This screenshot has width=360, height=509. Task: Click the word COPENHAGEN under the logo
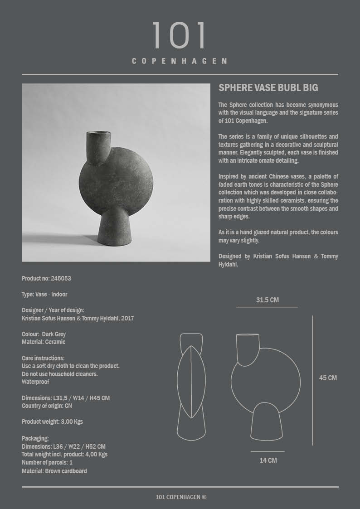[x=180, y=61]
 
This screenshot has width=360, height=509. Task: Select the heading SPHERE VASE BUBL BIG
[x=268, y=88]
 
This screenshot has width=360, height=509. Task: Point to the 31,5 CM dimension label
[x=268, y=300]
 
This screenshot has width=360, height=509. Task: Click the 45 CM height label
[x=328, y=378]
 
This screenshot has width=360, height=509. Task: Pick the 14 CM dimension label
[x=268, y=461]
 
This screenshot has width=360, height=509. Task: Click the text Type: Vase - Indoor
[x=44, y=294]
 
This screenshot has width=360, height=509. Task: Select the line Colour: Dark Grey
[x=44, y=334]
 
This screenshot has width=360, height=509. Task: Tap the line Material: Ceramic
[x=44, y=342]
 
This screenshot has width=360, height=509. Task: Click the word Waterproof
[x=35, y=382]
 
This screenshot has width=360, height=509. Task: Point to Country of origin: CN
[x=47, y=406]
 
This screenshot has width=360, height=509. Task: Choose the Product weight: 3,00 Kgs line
[x=52, y=422]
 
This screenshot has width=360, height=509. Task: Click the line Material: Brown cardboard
[x=54, y=471]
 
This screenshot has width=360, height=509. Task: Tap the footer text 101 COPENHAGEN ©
[x=181, y=497]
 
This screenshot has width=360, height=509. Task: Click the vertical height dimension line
[x=313, y=380]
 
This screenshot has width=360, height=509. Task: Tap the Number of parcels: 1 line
[x=47, y=463]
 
